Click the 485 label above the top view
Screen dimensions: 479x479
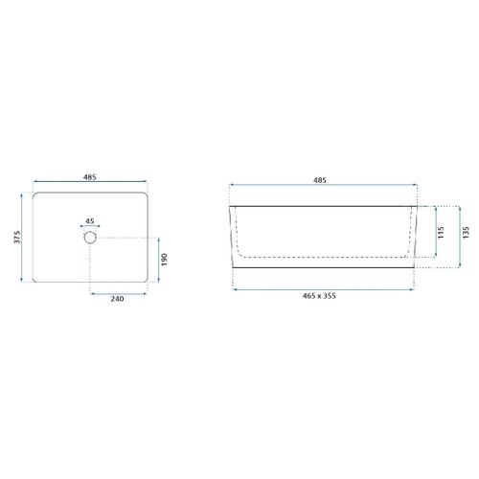90,177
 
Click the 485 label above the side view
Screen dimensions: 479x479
320,180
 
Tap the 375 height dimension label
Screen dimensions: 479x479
17,237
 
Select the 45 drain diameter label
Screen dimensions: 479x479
90,221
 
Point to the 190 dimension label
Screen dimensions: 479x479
164,260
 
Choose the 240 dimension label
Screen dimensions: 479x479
117,299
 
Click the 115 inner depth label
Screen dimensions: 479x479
442,233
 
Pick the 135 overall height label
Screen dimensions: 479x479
466,233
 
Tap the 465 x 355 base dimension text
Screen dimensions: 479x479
319,296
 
